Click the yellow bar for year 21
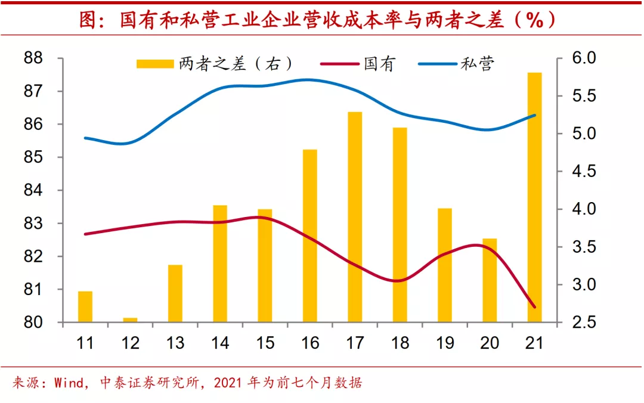tap(534, 197)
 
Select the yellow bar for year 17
tap(355, 217)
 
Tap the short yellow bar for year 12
tap(130, 320)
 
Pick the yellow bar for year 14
tap(220, 263)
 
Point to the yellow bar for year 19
tap(445, 265)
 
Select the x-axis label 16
tap(310, 343)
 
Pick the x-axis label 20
tap(490, 343)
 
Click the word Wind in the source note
tap(70, 382)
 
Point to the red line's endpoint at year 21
tap(534, 307)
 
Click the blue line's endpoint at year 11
tap(85, 138)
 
